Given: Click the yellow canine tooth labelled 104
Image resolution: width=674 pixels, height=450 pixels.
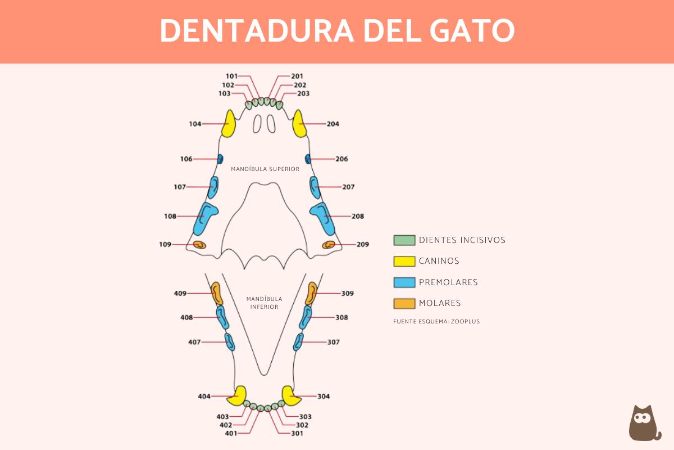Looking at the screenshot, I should [229, 124].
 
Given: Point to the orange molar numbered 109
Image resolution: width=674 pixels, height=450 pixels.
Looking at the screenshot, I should [199, 244].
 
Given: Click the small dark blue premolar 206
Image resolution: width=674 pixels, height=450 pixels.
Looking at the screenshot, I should [308, 159].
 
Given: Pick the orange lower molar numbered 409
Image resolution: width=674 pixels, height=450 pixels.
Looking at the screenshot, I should [217, 294].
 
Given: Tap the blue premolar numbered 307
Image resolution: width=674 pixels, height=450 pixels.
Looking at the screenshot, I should [298, 341].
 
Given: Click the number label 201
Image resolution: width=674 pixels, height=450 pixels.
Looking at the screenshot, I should [297, 76].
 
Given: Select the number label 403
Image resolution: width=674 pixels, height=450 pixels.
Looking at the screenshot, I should [223, 417].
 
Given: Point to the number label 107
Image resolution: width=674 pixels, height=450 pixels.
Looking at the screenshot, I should [180, 187].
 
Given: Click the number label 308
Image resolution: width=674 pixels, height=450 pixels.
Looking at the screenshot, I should [341, 317].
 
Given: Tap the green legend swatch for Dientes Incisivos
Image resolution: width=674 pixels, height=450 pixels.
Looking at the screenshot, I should [404, 240].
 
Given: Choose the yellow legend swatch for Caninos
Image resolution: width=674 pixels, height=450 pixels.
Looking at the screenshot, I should [404, 261].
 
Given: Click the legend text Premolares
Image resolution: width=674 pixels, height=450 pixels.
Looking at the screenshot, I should [448, 282].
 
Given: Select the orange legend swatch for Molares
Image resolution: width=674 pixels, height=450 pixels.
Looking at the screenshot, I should [404, 304].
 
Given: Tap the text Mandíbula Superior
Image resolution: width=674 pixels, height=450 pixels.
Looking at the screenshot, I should [265, 169].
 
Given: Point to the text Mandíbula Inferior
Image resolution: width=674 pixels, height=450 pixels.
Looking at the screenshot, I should [264, 303].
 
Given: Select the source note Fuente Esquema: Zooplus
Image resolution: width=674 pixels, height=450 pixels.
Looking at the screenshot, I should [436, 322].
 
